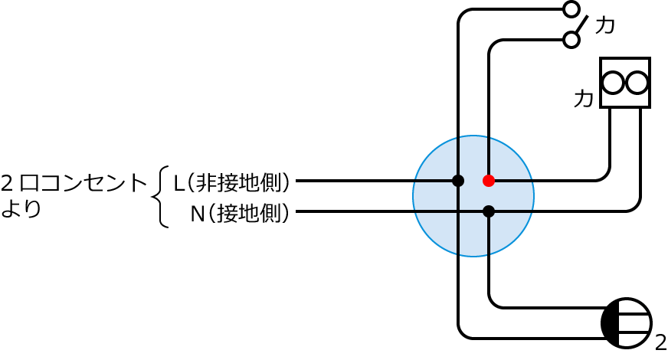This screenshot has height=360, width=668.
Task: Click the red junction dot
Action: (x=489, y=181)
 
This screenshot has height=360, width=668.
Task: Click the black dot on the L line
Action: (x=458, y=181)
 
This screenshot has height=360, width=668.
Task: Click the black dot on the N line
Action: (x=489, y=211)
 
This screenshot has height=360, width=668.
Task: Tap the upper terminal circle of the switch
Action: (x=571, y=9)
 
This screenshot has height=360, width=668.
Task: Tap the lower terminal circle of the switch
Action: (x=571, y=40)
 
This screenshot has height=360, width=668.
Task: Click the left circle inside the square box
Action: (x=613, y=83)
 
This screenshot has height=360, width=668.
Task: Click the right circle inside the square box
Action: (x=637, y=83)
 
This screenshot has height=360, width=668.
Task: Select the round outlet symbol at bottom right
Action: (x=627, y=323)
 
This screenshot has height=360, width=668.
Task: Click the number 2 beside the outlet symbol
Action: (x=660, y=342)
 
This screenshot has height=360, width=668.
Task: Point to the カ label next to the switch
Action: (x=605, y=25)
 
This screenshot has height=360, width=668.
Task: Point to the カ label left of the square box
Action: (x=584, y=99)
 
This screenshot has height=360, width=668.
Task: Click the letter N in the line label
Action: (x=196, y=214)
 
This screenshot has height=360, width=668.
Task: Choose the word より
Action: (x=21, y=208)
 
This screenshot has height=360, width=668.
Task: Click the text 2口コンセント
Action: (x=74, y=183)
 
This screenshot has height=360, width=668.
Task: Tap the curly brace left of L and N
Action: (x=161, y=197)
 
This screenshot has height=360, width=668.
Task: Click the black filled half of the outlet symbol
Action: (x=611, y=323)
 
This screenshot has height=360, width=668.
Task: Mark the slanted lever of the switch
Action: (x=581, y=25)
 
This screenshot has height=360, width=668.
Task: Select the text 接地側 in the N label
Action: (x=248, y=214)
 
